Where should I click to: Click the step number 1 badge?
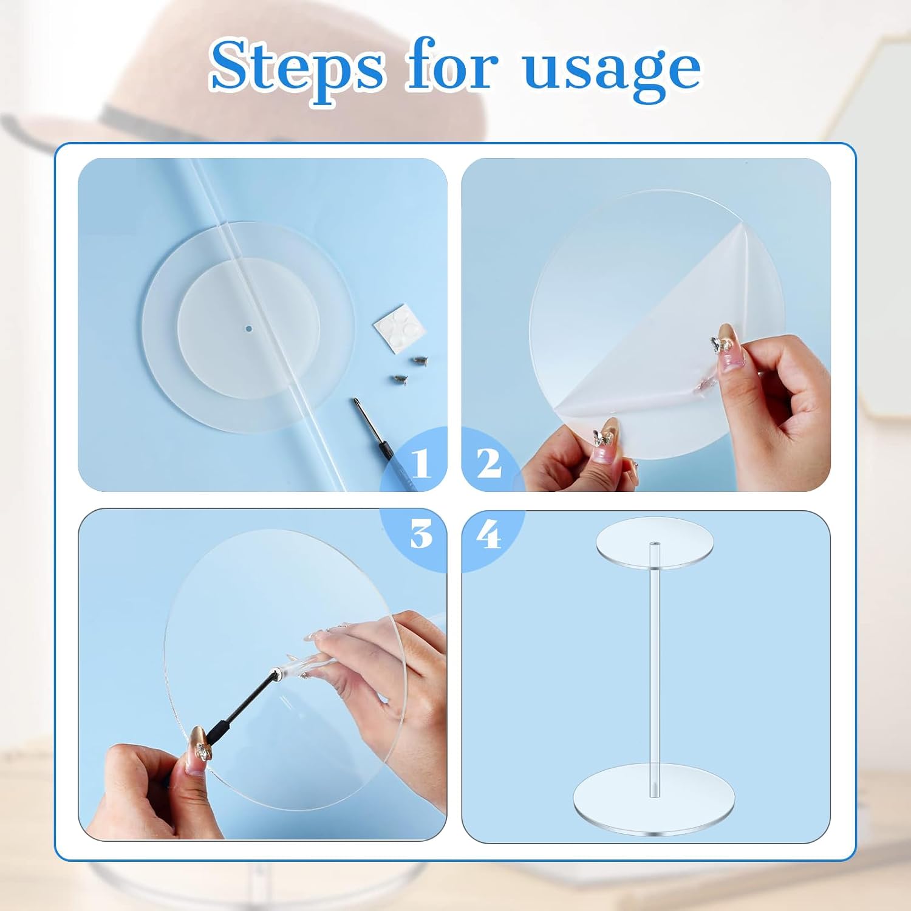[421, 464]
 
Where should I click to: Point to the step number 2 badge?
[490, 464]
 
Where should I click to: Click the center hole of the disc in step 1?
[249, 329]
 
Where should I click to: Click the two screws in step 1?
[408, 369]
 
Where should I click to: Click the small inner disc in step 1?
[249, 328]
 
